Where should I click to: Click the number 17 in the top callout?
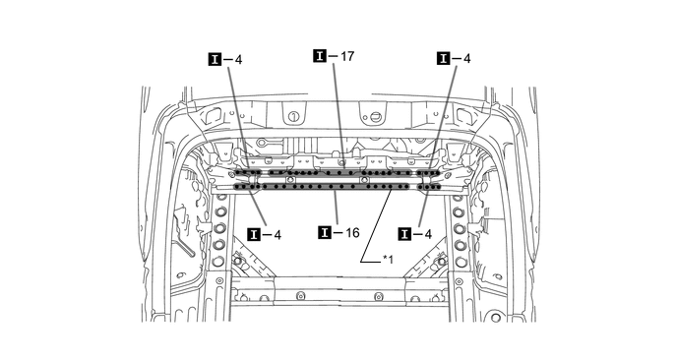tap(347, 56)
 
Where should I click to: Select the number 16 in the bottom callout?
tap(352, 233)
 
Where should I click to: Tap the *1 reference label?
tap(388, 260)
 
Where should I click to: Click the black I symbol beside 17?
tap(320, 56)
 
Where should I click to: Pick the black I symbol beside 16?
tap(325, 233)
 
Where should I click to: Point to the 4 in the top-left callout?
tap(238, 59)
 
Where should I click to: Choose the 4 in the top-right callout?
tap(466, 58)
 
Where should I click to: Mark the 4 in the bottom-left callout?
tap(277, 235)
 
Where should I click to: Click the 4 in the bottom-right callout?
tap(428, 234)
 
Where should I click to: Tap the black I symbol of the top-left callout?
tap(215, 59)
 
